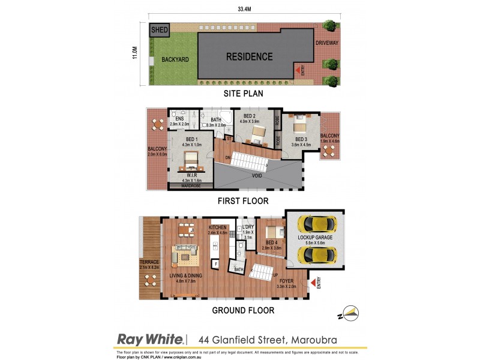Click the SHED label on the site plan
tap(160, 30)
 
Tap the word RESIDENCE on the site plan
tap(249, 57)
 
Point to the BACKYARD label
tap(175, 60)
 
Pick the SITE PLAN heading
tap(243, 94)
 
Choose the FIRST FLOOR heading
tap(243, 201)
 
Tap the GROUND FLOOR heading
tap(243, 310)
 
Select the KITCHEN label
tap(217, 228)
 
